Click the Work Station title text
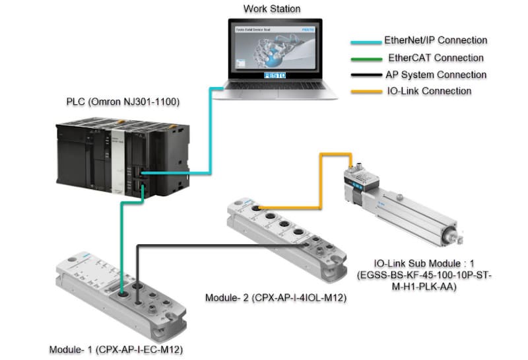[272, 9]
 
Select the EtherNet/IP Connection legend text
[436, 41]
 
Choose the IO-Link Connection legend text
[428, 91]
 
